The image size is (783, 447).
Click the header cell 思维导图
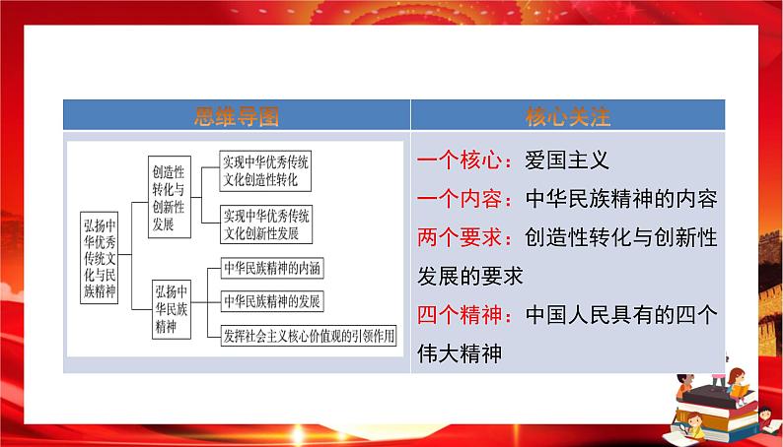click(x=237, y=116)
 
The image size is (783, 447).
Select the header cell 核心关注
click(x=568, y=116)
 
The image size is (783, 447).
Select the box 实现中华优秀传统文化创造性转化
click(x=265, y=171)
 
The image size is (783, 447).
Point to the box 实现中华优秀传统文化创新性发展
click(x=265, y=224)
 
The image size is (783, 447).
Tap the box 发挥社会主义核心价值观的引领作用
click(x=308, y=334)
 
